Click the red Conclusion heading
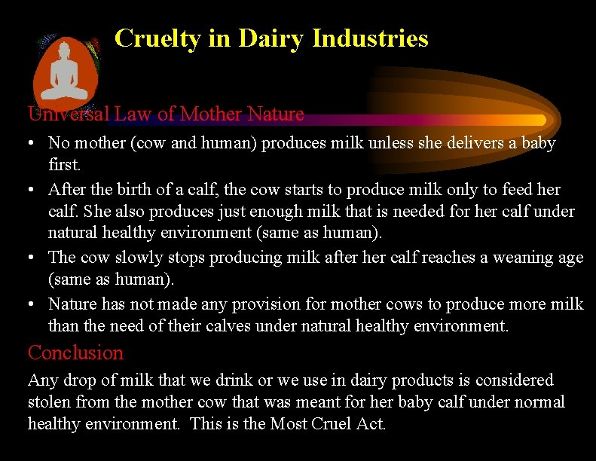(x=75, y=353)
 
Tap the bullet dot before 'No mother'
(x=34, y=143)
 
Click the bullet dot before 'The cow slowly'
(x=34, y=258)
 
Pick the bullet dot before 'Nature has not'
(x=34, y=304)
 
